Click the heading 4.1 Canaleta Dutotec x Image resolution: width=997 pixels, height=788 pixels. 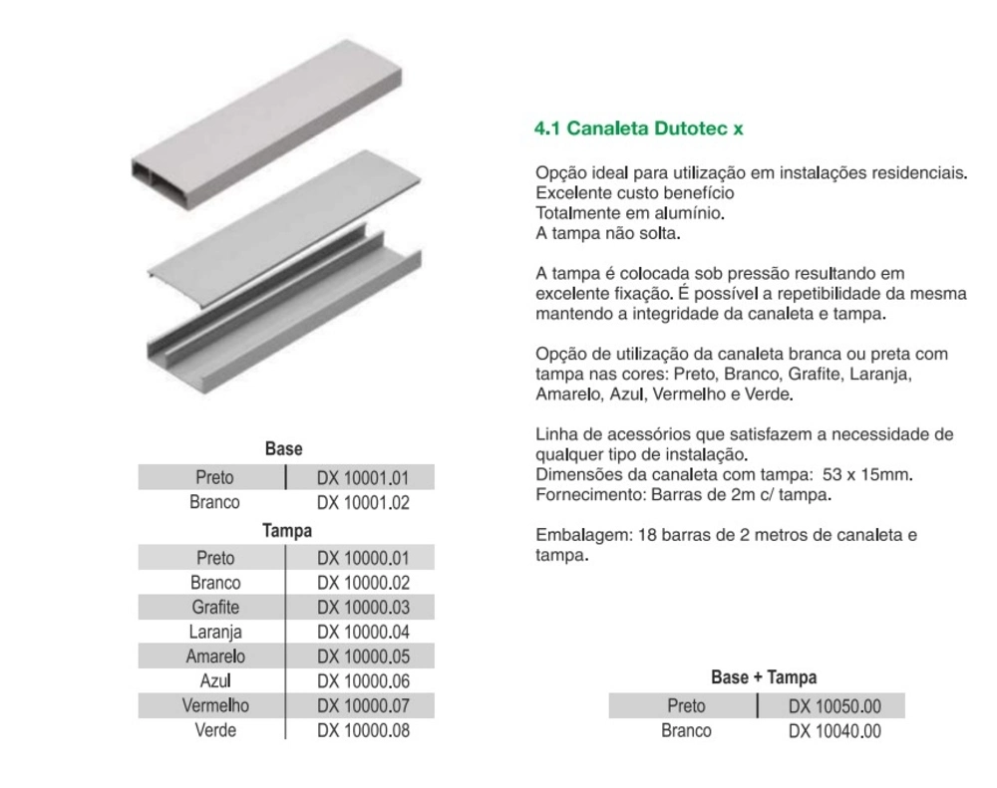639,129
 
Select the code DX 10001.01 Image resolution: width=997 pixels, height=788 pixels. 363,478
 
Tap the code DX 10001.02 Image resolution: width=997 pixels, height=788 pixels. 363,503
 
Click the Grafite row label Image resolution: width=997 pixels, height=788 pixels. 214,607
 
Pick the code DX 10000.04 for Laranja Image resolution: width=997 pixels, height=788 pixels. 363,632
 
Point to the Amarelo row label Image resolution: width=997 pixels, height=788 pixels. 215,657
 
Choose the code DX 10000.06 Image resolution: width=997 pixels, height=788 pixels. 363,681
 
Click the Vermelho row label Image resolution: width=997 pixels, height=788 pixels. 215,705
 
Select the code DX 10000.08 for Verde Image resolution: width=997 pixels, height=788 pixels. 363,730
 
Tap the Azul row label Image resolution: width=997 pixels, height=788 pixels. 215,681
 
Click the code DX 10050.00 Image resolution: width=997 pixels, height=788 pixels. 834,707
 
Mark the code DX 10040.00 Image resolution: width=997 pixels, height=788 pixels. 834,732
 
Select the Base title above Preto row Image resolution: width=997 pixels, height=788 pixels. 284,450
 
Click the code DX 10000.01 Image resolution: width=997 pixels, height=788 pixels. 363,558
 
